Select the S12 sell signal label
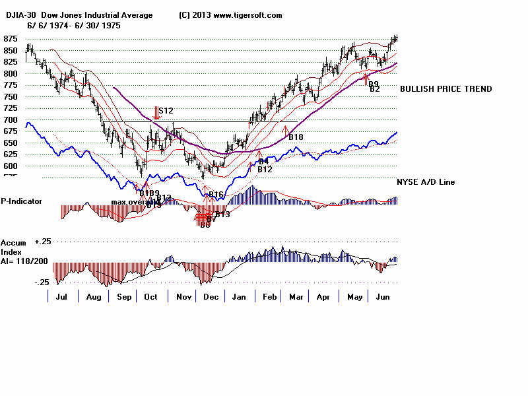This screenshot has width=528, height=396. pos(165,111)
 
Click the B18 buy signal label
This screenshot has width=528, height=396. pos(295,137)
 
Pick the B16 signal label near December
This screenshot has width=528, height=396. pos(216,194)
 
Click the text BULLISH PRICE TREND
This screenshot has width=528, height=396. pos(445,89)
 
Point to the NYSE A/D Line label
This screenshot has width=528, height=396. pos(425,182)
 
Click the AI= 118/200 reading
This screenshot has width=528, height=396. pos(26,261)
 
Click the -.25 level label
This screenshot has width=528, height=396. pos(42,282)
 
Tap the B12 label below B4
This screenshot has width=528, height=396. pos(265,170)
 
